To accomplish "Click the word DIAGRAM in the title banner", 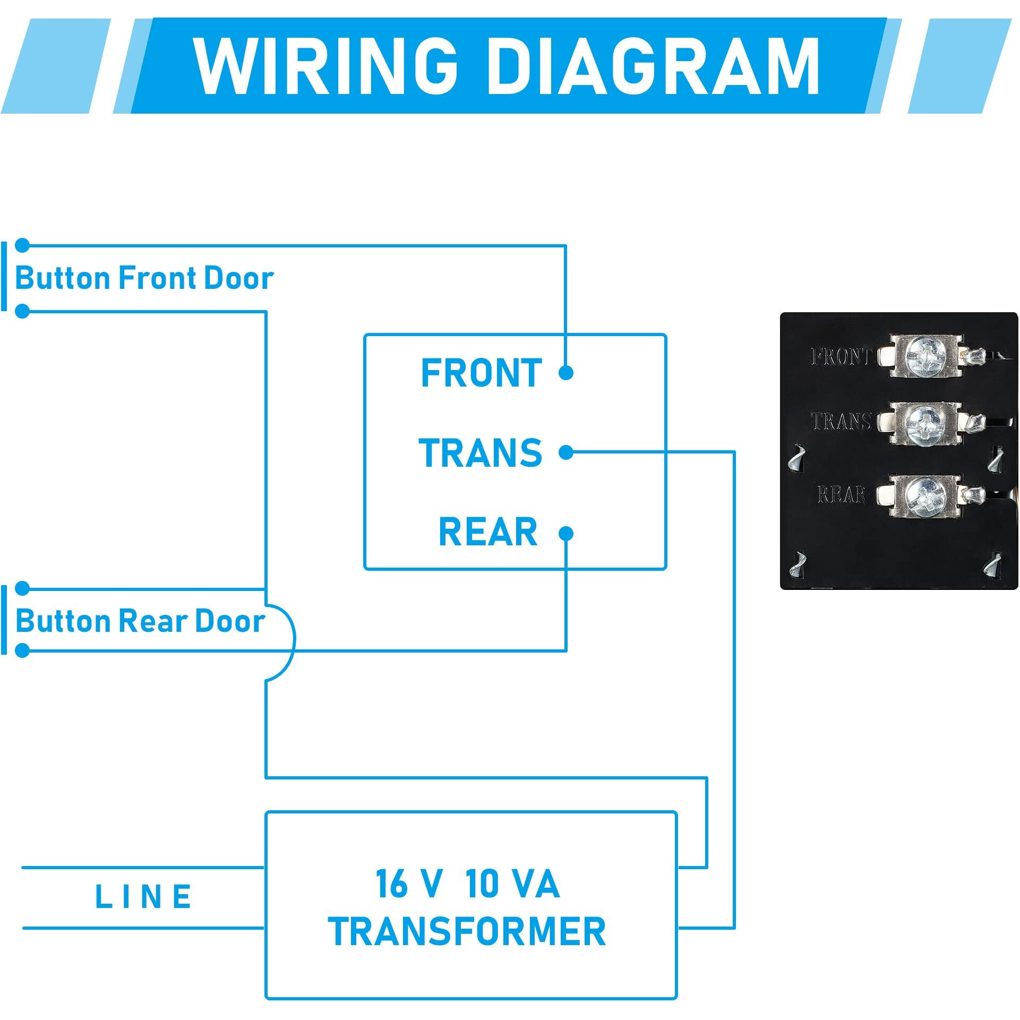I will click(x=653, y=66).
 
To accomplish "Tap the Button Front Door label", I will click(x=144, y=278).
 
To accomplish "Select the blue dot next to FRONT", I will click(x=566, y=373).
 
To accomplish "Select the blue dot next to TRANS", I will click(x=566, y=452).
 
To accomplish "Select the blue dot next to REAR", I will click(x=566, y=533).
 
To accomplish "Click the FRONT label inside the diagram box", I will click(x=481, y=373).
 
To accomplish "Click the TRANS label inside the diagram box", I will click(x=481, y=453).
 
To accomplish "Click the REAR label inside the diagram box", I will click(x=488, y=532).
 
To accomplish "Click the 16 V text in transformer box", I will click(x=408, y=884).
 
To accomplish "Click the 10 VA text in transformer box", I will click(x=512, y=884).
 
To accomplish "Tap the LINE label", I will click(x=143, y=897).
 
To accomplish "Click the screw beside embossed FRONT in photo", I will click(x=925, y=355).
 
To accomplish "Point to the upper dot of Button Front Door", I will click(x=22, y=245).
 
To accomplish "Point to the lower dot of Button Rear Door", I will click(x=22, y=650).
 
